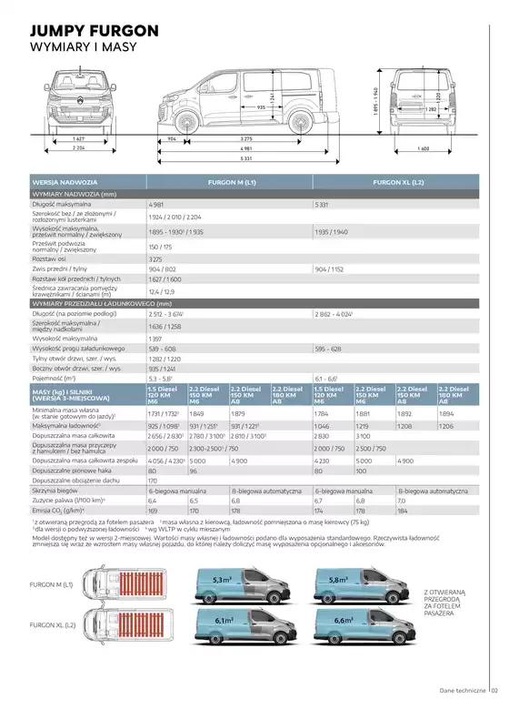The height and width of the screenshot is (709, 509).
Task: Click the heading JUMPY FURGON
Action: [x=95, y=30]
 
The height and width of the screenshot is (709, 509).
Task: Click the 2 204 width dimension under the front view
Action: [x=79, y=147]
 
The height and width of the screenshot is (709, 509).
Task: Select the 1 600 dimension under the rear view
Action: [x=423, y=147]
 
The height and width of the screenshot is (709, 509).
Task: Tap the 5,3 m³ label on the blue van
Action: [x=222, y=578]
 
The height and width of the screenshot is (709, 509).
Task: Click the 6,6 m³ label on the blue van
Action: [x=344, y=620]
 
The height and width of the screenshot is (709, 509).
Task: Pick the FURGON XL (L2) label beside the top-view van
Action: [x=51, y=626]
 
